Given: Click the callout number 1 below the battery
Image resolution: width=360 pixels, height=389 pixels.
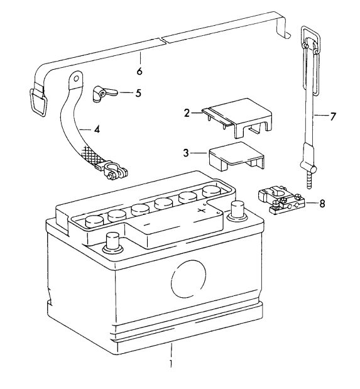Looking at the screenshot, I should [169, 363].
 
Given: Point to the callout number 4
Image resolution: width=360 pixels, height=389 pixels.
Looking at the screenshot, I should [97, 130].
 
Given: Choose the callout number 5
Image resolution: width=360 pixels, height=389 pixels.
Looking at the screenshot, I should [138, 92].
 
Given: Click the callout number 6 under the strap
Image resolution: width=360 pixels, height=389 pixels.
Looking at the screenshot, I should [139, 70].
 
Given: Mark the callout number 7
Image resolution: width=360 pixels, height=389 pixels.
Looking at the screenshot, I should [333, 117].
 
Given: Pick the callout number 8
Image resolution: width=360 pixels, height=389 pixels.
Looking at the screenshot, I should [322, 204].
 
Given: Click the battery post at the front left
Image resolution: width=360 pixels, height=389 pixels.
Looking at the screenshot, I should [114, 239].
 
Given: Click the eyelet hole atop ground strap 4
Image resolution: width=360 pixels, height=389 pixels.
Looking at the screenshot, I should [76, 79].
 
